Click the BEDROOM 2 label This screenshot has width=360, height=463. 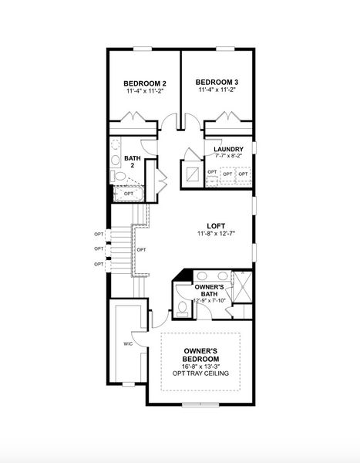146,83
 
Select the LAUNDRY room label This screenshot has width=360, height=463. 229,149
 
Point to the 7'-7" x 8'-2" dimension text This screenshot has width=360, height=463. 229,156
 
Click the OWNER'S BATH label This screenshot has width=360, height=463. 209,289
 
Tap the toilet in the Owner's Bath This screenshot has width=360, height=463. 182,307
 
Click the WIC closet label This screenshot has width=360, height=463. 128,344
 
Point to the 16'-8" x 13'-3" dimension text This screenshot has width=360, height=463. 200,367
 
